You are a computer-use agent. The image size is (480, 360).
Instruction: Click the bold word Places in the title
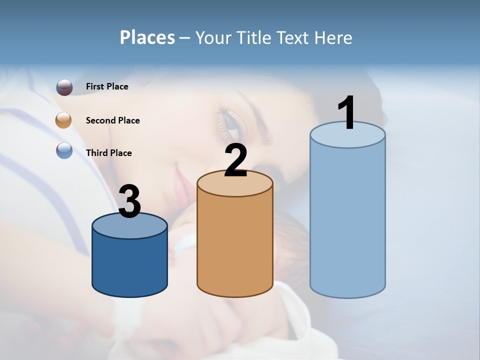pyautogui.click(x=147, y=37)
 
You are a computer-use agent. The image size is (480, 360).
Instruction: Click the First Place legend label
pyautogui.click(x=107, y=86)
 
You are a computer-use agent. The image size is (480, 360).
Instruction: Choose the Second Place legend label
pyautogui.click(x=112, y=120)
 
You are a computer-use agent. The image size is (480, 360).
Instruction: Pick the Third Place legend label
pyautogui.click(x=108, y=153)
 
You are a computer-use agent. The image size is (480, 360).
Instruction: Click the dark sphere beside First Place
pyautogui.click(x=64, y=87)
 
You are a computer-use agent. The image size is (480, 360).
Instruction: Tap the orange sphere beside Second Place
pyautogui.click(x=64, y=120)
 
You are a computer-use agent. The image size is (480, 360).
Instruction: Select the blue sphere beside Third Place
pyautogui.click(x=64, y=150)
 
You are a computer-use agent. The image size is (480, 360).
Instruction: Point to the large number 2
pyautogui.click(x=235, y=160)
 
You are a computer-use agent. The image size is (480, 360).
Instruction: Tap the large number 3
pyautogui.click(x=130, y=201)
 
